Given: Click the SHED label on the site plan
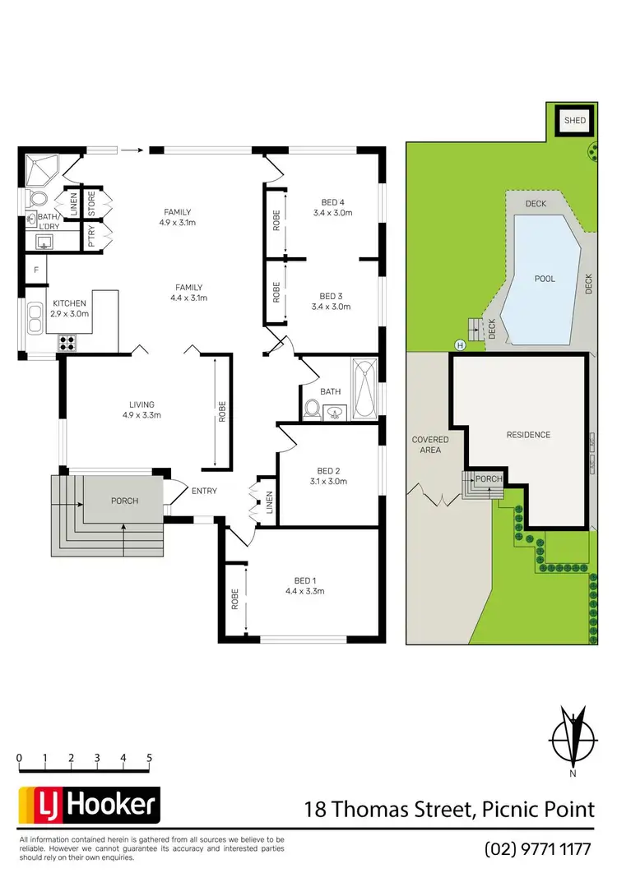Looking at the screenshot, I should (x=574, y=121).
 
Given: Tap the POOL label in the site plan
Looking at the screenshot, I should (x=544, y=279).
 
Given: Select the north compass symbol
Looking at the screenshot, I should (x=573, y=736).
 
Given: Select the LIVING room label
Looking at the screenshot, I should (x=141, y=404).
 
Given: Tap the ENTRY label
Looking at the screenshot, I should (x=204, y=491).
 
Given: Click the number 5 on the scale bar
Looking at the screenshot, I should (x=149, y=757).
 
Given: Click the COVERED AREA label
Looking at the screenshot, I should (x=430, y=445).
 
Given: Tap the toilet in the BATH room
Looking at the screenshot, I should (x=313, y=408).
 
